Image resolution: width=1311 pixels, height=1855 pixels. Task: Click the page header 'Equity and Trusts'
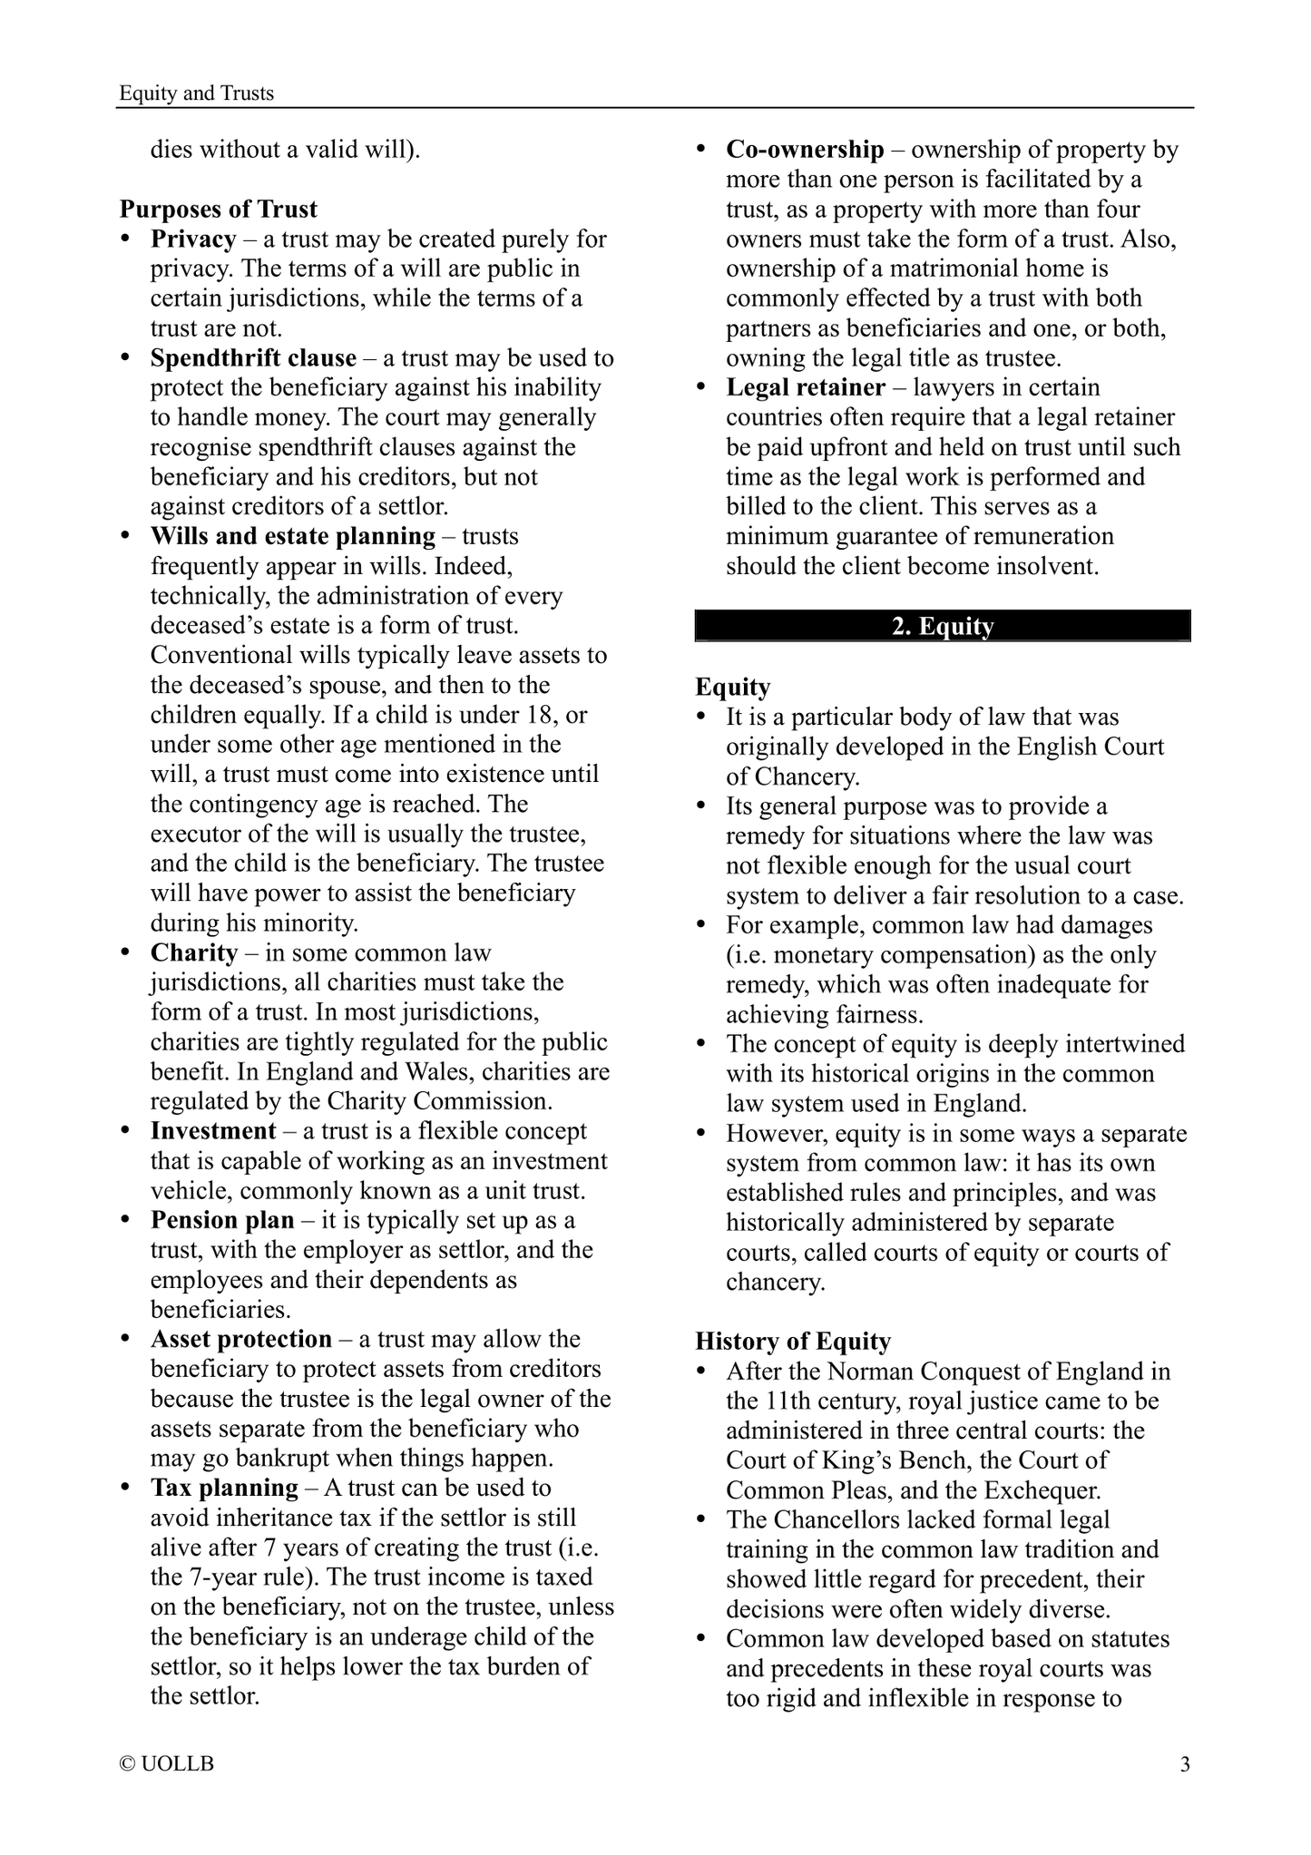pos(196,93)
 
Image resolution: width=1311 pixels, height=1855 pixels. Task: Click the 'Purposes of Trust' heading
pos(218,210)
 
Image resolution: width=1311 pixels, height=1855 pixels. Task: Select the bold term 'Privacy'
pos(193,239)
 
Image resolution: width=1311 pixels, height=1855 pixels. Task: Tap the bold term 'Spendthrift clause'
pos(253,358)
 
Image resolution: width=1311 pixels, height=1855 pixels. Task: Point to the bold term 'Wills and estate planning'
pos(293,537)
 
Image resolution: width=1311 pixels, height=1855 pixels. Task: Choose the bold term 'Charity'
pos(194,953)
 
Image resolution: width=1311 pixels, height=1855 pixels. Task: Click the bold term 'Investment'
pos(213,1131)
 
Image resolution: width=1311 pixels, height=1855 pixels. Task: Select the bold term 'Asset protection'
pos(241,1340)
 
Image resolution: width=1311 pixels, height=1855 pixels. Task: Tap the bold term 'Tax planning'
pos(224,1489)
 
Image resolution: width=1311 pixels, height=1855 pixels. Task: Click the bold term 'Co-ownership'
pos(805,150)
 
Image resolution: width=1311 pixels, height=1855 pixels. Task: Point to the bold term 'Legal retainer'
pos(806,388)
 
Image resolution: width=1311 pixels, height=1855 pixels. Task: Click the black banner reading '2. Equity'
pos(943,627)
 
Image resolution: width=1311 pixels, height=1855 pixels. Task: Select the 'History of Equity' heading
pos(793,1342)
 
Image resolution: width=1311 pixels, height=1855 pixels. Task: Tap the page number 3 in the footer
pos(1185,1764)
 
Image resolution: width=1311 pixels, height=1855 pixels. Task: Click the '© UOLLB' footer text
pos(167,1764)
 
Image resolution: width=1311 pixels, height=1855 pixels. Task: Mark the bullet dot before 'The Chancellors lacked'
pos(701,1520)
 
